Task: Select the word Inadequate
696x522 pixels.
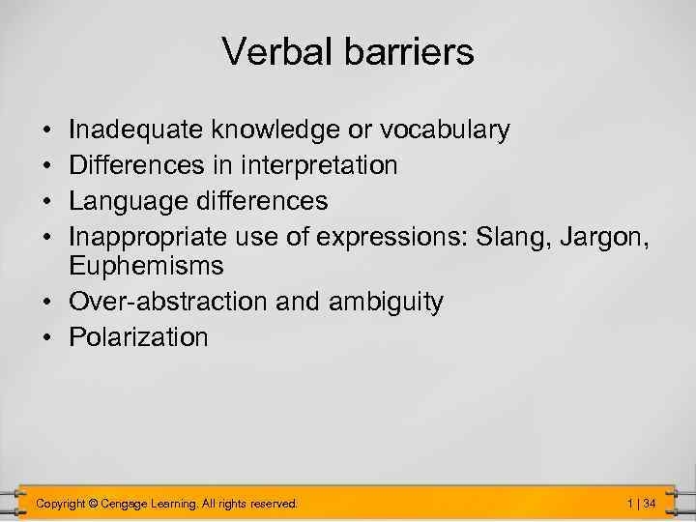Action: [x=138, y=130]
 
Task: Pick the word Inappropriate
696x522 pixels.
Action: [x=147, y=237]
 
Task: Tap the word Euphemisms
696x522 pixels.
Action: [x=146, y=266]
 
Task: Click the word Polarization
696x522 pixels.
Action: [x=138, y=337]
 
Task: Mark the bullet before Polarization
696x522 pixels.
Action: [x=48, y=337]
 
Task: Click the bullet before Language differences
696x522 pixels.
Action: [x=48, y=201]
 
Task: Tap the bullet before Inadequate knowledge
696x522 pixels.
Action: [x=48, y=130]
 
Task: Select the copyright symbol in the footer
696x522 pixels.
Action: [x=93, y=503]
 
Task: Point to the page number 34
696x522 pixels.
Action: [x=650, y=503]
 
